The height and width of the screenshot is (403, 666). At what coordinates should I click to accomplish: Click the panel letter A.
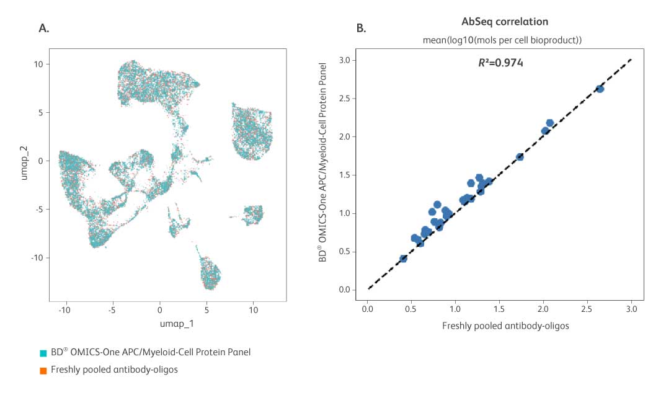(43, 27)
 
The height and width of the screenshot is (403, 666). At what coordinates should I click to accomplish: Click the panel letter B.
(361, 27)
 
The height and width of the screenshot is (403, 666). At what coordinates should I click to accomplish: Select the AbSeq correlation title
(504, 22)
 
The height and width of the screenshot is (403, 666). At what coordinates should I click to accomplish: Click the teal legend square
(43, 353)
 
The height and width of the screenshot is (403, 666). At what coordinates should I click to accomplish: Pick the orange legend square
(43, 371)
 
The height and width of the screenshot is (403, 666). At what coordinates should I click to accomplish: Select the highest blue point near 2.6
(600, 89)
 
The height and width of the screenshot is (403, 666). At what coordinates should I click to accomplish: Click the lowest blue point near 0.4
(403, 259)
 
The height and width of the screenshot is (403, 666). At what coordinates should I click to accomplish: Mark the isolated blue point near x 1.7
(520, 157)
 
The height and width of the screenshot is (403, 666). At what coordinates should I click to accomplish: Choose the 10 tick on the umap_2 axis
(38, 64)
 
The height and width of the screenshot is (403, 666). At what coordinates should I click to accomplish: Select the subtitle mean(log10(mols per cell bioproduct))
(504, 40)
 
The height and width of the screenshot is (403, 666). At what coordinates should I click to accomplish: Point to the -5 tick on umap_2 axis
(38, 209)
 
